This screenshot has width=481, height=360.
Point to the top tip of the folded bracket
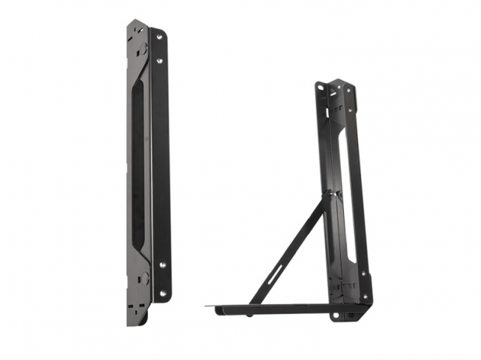point(135,23)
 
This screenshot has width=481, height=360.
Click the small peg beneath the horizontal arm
point(250,315)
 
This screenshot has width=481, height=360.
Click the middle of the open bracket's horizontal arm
point(274,308)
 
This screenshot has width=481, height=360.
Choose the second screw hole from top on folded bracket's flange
point(160,60)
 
